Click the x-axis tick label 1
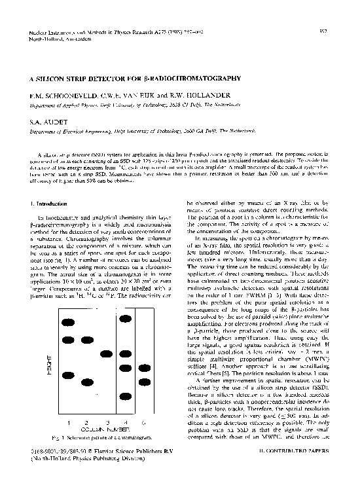[x=68, y=422]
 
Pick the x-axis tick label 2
[x=87, y=422]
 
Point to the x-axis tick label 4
[x=124, y=422]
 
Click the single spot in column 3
[x=107, y=354]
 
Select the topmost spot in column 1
[x=68, y=322]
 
